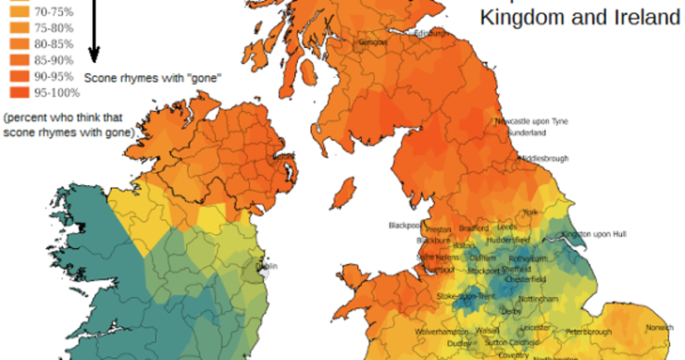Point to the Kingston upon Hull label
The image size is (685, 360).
click(600, 234)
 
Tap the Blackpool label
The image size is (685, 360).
click(404, 225)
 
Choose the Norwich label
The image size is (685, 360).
click(660, 328)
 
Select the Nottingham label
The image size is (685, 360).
click(538, 300)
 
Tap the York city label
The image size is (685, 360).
click(530, 212)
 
